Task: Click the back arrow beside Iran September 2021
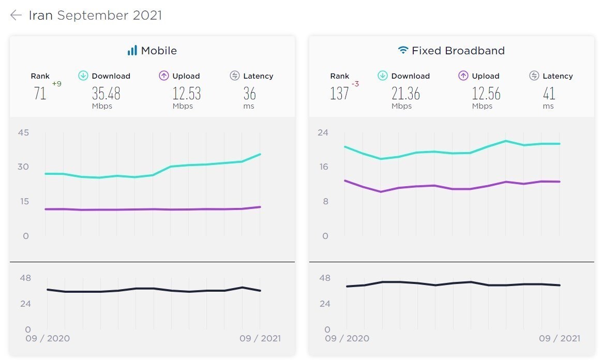(16, 15)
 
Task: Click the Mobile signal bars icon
(132, 50)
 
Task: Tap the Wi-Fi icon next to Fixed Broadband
(403, 50)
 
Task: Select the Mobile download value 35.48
(106, 93)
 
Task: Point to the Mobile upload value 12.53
(187, 93)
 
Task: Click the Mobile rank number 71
(40, 93)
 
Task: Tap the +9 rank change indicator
(57, 84)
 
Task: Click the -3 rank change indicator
(355, 84)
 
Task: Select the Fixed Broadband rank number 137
(339, 93)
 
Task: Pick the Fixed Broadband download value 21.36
(406, 93)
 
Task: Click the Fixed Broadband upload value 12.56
(486, 93)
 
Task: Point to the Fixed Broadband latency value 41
(549, 93)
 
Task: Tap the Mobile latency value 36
(250, 93)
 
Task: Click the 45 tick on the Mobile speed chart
(23, 132)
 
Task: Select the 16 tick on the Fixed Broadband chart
(324, 167)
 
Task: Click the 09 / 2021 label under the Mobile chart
(260, 338)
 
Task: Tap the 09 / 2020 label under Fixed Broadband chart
(347, 338)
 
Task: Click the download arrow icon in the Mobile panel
(83, 76)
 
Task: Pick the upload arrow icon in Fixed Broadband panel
(463, 76)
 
